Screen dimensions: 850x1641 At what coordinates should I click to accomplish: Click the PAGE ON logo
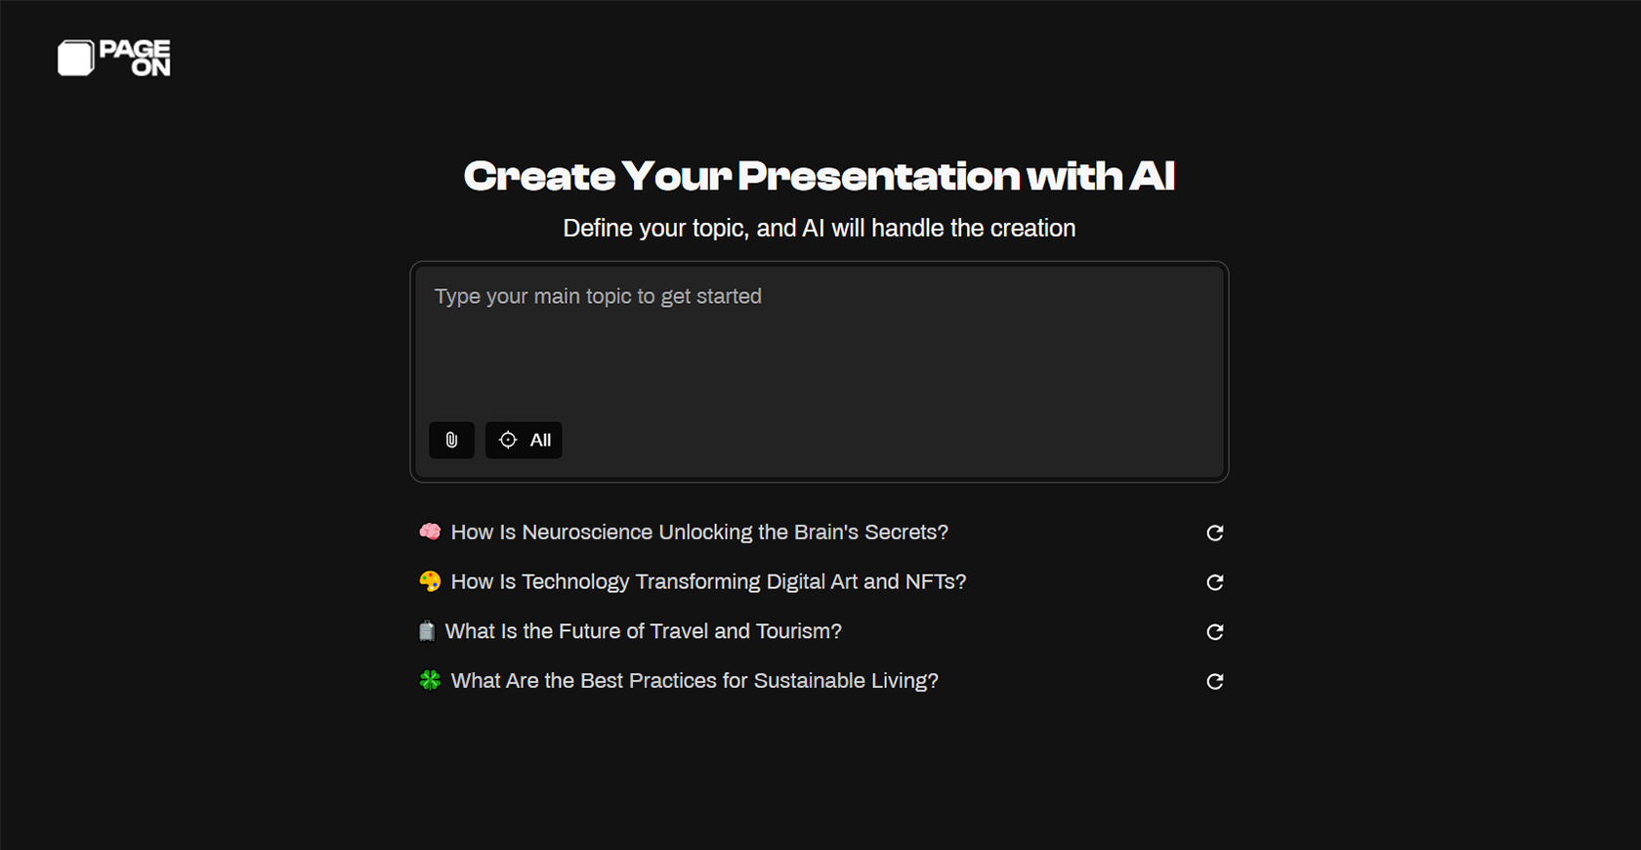click(x=114, y=59)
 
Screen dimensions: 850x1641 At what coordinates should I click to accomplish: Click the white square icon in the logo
click(x=75, y=59)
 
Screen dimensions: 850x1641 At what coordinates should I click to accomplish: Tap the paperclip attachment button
click(x=451, y=441)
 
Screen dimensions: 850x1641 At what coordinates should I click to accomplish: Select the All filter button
click(x=524, y=441)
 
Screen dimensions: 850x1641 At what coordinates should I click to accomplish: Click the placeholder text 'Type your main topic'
click(x=598, y=297)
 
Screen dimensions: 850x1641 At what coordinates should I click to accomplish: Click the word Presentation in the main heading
click(x=878, y=177)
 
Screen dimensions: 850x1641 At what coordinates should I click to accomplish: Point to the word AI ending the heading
click(x=1152, y=177)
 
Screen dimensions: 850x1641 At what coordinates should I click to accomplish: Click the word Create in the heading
click(x=539, y=177)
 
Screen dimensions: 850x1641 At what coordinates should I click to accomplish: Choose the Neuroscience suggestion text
click(x=699, y=532)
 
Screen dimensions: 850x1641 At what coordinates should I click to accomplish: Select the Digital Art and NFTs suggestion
click(x=708, y=582)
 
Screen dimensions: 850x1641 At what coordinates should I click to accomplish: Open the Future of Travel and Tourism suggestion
click(x=643, y=632)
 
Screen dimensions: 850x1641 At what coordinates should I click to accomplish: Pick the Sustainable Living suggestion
click(x=694, y=681)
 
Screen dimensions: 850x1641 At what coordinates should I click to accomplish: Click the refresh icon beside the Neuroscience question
click(x=1215, y=533)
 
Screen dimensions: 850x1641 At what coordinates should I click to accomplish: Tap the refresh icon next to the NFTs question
click(x=1215, y=583)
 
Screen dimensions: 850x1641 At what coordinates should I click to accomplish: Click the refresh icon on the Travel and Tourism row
click(x=1215, y=632)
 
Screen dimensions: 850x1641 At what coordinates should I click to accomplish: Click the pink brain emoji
click(x=430, y=531)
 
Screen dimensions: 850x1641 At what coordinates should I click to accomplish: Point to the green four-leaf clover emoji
click(x=430, y=680)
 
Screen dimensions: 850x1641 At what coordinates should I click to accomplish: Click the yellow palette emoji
click(x=430, y=581)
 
